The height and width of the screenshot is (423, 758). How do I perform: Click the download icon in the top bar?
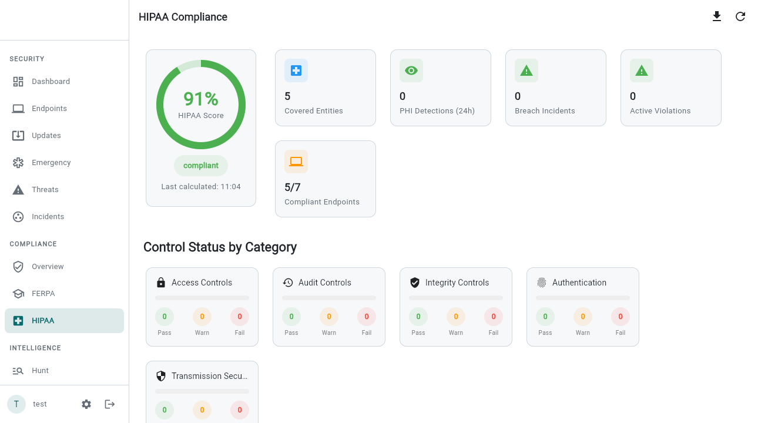coord(717,16)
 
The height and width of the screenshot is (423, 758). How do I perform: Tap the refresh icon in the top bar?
coord(740,16)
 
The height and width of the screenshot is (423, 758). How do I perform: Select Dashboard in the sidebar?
coord(51,82)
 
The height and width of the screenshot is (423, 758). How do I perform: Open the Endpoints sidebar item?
coord(49,109)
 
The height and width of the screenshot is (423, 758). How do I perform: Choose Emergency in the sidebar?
coord(51,163)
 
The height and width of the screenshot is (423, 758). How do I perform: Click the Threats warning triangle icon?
coord(18,190)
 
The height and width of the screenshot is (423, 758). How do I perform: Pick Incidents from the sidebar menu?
coord(48,217)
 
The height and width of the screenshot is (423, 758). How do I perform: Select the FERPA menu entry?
coord(43,294)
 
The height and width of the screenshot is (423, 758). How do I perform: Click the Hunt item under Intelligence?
coord(40,371)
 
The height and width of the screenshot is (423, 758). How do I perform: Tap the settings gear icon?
coord(86,404)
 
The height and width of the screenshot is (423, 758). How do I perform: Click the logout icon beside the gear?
coord(110,404)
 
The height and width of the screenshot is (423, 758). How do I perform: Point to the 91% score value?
coord(201,99)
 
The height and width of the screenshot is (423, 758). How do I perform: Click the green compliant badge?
coord(201,166)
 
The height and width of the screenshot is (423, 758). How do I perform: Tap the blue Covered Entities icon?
coord(296,70)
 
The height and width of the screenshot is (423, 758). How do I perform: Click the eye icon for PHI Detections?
coord(411,70)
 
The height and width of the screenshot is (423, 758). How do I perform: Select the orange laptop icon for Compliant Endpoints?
coord(296,162)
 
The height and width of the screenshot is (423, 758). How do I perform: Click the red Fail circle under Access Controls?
coord(240,317)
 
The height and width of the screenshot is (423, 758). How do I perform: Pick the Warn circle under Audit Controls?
coord(329,317)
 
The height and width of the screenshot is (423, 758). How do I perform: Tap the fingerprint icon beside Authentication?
coord(542,283)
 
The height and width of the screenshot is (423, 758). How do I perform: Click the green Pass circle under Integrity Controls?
coord(418,317)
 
